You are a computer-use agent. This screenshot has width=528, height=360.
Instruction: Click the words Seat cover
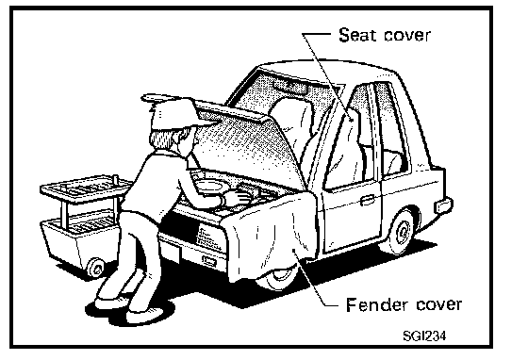[x=385, y=35]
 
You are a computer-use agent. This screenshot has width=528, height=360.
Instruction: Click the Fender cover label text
[x=404, y=304]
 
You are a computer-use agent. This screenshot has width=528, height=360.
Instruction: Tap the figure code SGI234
[x=424, y=335]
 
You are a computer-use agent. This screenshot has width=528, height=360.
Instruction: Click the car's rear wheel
[x=401, y=232]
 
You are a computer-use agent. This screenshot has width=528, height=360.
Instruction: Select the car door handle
[x=367, y=200]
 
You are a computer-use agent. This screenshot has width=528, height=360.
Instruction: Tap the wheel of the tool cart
[x=95, y=268]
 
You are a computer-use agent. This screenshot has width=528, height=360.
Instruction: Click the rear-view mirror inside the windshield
[x=290, y=86]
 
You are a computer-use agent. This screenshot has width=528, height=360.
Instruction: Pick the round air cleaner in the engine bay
[x=207, y=185]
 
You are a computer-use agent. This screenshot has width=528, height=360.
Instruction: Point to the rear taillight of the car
[x=444, y=205]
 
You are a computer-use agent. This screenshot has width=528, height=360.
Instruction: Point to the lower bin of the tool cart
[x=79, y=237]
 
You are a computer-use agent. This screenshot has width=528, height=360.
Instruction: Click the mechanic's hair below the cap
[x=165, y=138]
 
